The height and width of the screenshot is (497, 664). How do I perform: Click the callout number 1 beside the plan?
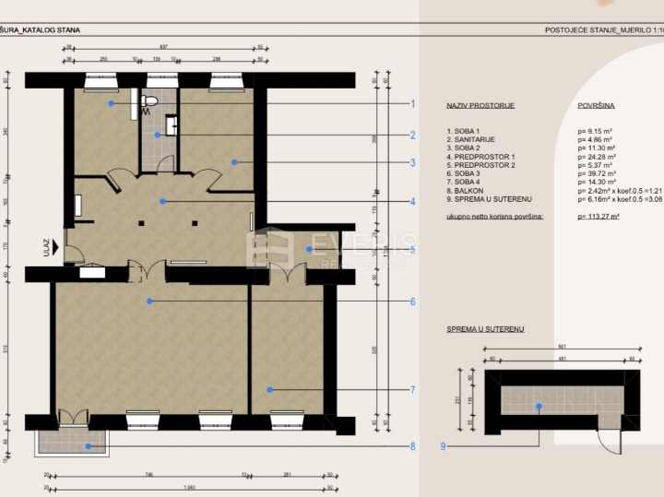tap(413, 104)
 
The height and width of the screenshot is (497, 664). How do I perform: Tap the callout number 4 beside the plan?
tap(413, 202)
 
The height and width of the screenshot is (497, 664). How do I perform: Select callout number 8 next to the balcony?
tap(413, 447)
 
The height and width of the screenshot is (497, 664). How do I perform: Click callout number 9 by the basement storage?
tap(444, 447)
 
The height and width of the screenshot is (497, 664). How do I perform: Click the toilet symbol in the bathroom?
tap(150, 101)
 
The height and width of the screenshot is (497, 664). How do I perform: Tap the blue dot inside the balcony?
tap(89, 446)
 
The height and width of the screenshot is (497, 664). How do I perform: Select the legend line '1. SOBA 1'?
tap(463, 131)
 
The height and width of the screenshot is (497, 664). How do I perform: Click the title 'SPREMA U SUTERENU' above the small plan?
tap(485, 328)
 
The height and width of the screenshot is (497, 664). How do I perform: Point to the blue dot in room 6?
tap(148, 301)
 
